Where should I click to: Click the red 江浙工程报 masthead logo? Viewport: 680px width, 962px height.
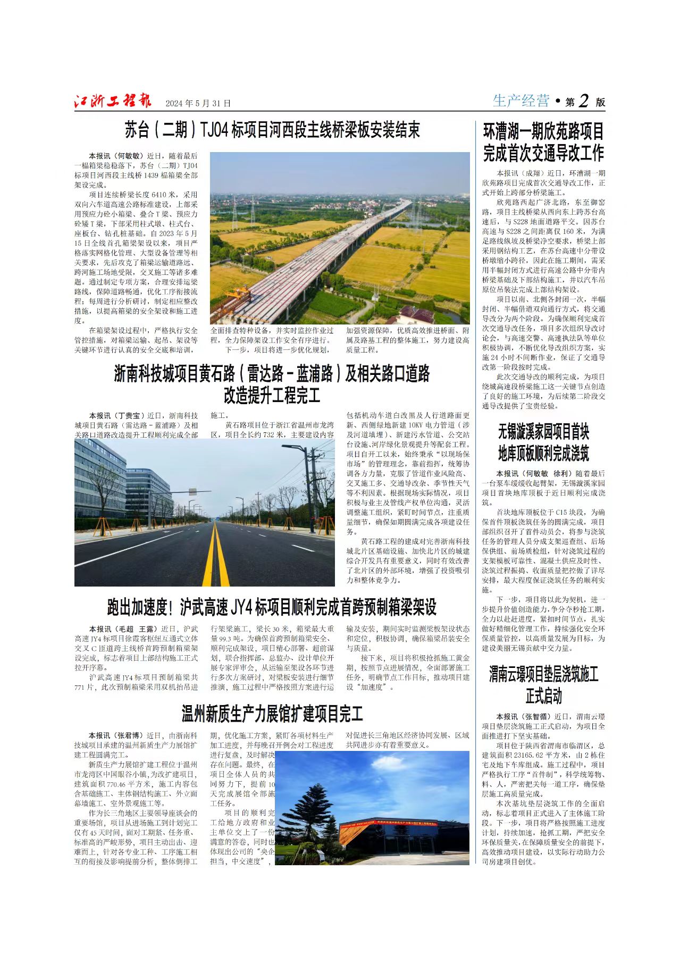click(x=113, y=101)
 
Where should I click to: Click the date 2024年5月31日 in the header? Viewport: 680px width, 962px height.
click(x=198, y=103)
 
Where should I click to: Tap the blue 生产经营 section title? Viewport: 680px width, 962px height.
click(x=521, y=101)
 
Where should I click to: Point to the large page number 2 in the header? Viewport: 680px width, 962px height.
click(x=583, y=101)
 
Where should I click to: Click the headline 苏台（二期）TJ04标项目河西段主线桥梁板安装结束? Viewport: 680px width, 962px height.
click(x=272, y=130)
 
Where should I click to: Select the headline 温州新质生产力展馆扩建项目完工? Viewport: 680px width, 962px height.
click(x=272, y=714)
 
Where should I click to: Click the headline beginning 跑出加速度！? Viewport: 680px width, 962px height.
click(x=272, y=607)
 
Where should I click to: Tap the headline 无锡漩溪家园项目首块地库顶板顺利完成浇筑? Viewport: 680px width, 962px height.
click(x=543, y=442)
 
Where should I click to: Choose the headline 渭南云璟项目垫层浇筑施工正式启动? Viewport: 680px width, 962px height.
click(x=543, y=685)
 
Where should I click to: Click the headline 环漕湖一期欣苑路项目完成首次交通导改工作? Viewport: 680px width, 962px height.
click(x=543, y=142)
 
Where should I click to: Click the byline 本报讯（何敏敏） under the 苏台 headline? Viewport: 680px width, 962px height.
click(x=116, y=156)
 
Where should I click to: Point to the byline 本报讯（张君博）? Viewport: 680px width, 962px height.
click(x=116, y=735)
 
